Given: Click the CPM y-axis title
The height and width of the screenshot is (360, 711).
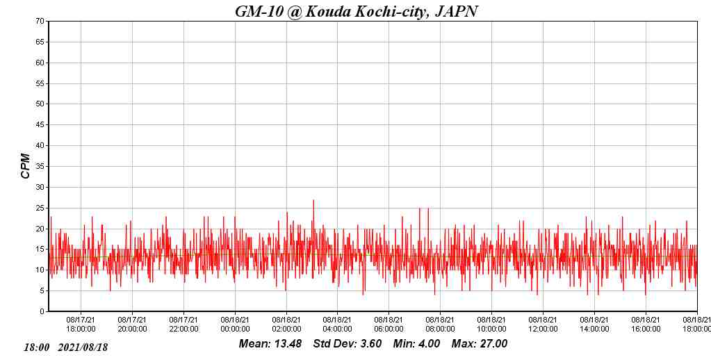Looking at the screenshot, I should point(26,166).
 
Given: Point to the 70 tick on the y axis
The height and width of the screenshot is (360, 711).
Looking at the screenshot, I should point(40,22).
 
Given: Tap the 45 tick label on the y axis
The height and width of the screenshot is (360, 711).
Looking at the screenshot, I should point(40,125).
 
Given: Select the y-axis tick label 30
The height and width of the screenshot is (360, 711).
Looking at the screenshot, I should point(40,187).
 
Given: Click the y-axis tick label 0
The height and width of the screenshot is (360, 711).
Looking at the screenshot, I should point(42,311).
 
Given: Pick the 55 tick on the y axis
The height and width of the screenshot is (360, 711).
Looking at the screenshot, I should point(40,83).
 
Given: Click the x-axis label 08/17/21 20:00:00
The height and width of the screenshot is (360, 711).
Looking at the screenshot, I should point(132,325).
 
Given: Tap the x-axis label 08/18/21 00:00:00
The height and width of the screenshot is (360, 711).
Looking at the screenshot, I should point(235,325).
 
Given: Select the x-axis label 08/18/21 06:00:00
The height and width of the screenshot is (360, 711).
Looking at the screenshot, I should point(389,325).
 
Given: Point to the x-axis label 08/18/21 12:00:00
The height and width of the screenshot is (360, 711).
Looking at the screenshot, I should point(543,325).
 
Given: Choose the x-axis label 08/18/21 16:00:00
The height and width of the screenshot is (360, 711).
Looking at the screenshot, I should point(646,325).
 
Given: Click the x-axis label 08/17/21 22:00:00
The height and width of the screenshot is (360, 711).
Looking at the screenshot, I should point(183,325).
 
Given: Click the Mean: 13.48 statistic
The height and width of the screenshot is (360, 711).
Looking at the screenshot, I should point(270,344).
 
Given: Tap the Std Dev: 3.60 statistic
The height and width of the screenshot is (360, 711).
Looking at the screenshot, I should point(347,344).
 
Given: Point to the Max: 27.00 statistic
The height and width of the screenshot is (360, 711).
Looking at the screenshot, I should point(479,344).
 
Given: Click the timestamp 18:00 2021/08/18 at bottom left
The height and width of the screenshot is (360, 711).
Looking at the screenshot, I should point(66,347).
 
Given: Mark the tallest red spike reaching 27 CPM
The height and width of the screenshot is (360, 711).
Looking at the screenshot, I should point(313,202).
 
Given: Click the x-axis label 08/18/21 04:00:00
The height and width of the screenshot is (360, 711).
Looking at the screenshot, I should point(337,325).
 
